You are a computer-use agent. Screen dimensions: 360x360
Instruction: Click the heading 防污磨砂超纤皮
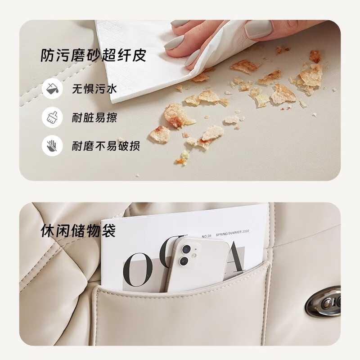[93, 55]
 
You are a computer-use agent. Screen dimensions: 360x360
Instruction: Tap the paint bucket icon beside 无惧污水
[52, 89]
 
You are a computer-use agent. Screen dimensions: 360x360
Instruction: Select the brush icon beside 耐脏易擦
[52, 117]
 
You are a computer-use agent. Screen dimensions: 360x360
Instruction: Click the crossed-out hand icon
[52, 145]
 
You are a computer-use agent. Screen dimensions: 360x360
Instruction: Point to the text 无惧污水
[94, 89]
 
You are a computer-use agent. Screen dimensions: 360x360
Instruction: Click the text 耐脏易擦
[94, 117]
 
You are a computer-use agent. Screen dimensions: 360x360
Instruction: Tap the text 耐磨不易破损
[106, 146]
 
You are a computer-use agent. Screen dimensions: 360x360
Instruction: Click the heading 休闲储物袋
[78, 230]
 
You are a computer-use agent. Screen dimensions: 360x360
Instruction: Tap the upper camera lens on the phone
[186, 249]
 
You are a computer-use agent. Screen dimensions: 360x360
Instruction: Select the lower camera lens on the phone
[184, 261]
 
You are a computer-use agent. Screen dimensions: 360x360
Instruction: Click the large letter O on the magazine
[138, 270]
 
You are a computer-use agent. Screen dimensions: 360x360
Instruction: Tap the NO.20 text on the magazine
[207, 236]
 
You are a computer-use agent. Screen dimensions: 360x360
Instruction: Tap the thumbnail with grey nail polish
[257, 29]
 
